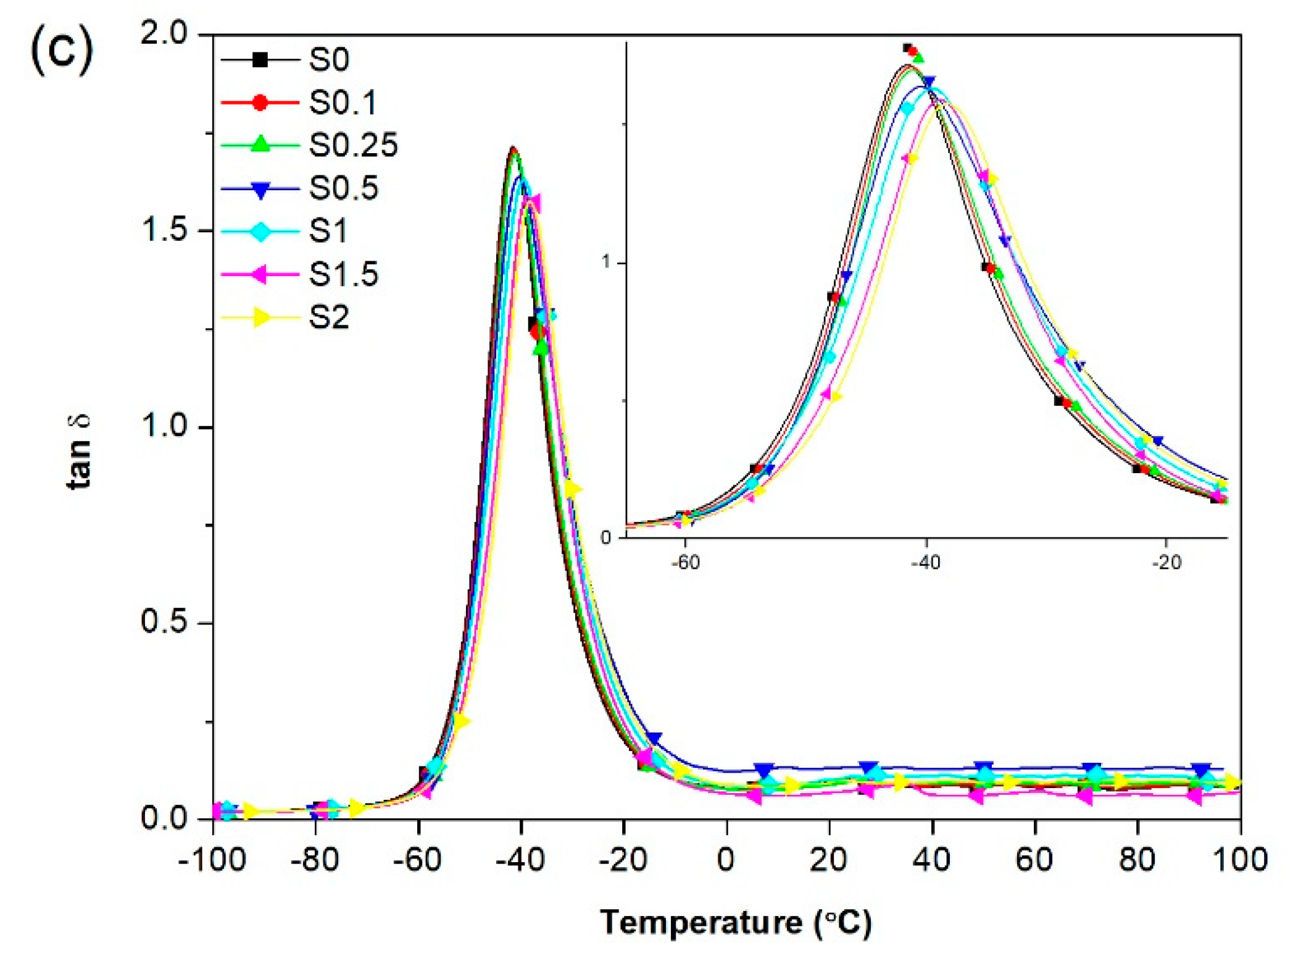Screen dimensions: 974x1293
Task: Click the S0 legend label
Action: click(328, 60)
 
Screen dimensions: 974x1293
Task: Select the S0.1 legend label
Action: click(343, 103)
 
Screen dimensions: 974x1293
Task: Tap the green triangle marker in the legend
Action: click(261, 145)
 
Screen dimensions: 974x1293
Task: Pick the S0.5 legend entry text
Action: click(343, 188)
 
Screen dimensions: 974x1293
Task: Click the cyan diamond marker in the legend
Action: click(261, 232)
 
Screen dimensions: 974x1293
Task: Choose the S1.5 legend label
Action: click(343, 274)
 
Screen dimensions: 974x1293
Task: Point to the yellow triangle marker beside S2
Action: click(261, 317)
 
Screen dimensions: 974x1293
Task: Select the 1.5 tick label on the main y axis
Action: click(164, 230)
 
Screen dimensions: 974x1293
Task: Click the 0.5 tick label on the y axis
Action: click(164, 621)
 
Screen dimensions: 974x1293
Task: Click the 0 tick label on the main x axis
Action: click(726, 859)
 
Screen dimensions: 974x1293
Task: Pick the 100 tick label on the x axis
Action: click(1239, 859)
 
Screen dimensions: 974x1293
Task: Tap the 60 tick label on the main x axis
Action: click(1034, 859)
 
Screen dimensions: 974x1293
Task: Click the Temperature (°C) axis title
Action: click(736, 923)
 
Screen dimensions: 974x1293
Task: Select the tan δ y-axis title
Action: click(79, 452)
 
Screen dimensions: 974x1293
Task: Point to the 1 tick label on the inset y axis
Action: click(606, 262)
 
